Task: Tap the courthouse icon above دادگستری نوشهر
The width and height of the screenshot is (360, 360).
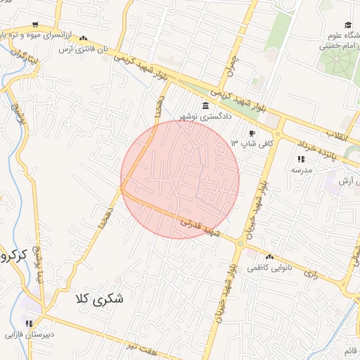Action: (205, 106)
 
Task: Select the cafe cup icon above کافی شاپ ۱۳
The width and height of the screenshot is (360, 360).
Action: (252, 133)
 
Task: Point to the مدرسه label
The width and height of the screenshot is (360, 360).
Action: (302, 169)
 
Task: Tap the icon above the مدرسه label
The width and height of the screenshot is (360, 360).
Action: (302, 159)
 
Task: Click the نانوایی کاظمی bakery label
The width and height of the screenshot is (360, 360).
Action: (271, 267)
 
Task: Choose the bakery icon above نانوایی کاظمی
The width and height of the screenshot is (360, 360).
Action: (270, 257)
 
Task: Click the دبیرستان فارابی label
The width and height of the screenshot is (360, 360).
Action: (30, 335)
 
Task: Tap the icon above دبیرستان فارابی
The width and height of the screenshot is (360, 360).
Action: (30, 323)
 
